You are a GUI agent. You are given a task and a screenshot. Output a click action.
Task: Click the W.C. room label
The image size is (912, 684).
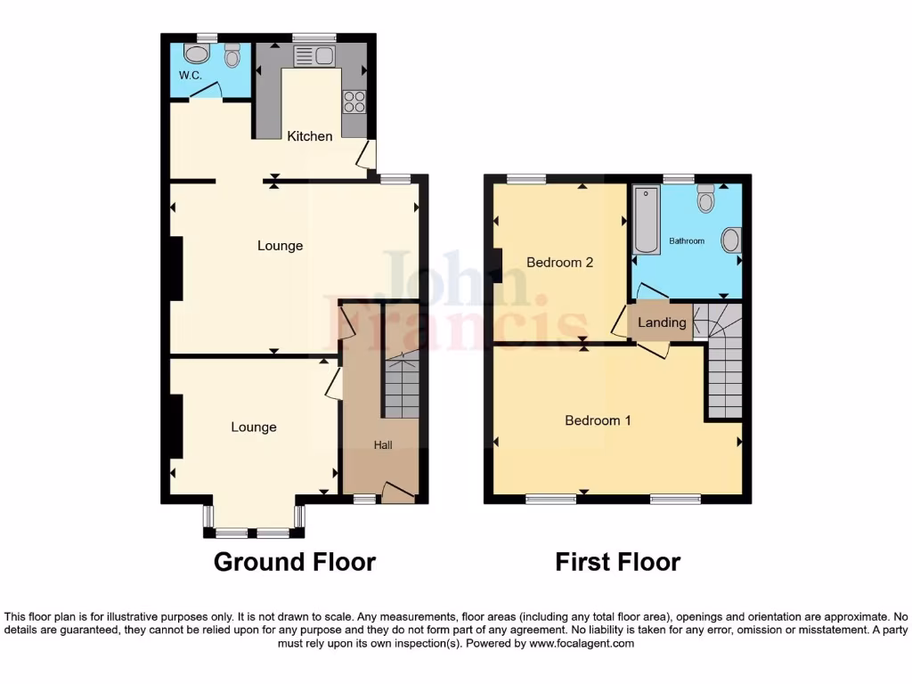click(x=190, y=76)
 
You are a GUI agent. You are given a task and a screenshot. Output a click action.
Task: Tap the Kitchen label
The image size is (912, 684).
click(x=310, y=136)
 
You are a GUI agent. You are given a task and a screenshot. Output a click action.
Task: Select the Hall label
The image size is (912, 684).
click(x=382, y=444)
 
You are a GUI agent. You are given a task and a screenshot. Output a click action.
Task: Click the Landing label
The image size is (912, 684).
click(x=662, y=322)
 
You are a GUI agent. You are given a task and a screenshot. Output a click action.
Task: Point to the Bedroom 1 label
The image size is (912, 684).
click(x=598, y=420)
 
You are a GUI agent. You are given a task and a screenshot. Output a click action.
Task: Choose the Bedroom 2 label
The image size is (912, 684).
click(x=559, y=263)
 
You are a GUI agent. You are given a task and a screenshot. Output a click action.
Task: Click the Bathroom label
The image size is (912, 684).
click(x=687, y=241)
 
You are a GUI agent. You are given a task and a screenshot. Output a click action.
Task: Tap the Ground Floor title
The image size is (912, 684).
click(x=295, y=562)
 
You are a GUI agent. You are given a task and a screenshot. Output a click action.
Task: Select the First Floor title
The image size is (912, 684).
click(x=618, y=562)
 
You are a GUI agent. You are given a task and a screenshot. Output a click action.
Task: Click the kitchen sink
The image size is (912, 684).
click(x=313, y=57)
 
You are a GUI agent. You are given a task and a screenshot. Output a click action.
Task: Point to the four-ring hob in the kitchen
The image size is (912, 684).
click(x=354, y=102)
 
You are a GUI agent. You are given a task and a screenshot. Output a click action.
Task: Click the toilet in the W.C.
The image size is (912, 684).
click(x=233, y=57)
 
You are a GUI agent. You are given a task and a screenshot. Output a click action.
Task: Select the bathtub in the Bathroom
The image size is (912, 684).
click(x=646, y=221)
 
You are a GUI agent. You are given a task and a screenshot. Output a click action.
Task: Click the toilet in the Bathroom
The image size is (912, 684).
click(x=706, y=199)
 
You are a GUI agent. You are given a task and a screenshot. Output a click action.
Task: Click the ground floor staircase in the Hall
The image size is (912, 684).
click(x=401, y=385)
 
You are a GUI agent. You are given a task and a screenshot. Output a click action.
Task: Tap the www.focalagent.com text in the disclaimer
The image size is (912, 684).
click(x=582, y=643)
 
